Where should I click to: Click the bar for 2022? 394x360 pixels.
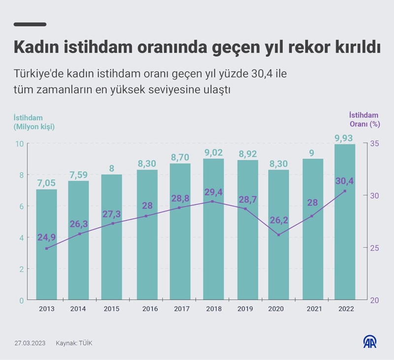[x=345, y=222]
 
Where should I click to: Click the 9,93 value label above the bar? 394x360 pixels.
[x=344, y=138]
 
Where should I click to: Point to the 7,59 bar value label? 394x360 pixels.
[x=78, y=175]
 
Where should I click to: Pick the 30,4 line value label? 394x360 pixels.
[x=345, y=181]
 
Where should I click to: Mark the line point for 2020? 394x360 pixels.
[x=279, y=235]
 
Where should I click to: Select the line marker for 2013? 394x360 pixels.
[x=46, y=248]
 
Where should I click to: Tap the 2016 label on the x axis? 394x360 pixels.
[x=150, y=309]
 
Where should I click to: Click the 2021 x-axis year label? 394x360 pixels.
[x=314, y=309]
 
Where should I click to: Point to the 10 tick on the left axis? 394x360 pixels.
[x=20, y=144]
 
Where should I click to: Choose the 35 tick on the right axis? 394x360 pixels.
[x=374, y=144]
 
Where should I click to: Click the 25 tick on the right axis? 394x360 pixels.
[x=374, y=248]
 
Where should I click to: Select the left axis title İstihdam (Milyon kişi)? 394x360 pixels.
[x=34, y=122]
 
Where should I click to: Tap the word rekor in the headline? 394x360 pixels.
[x=306, y=48]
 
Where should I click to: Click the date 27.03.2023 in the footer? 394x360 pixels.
[x=30, y=343]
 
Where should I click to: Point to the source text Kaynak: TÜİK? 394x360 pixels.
[x=74, y=343]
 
